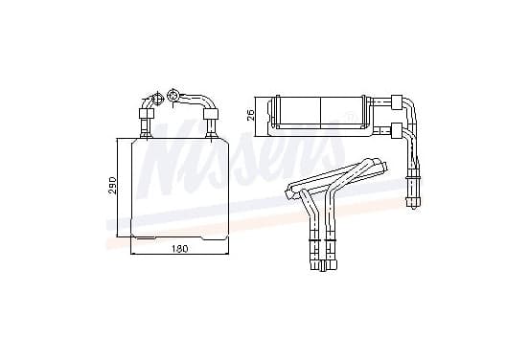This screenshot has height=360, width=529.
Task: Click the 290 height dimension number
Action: pyautogui.click(x=113, y=185)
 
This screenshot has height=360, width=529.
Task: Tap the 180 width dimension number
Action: pyautogui.click(x=179, y=249)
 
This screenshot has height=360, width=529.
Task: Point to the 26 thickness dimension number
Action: pyautogui.click(x=251, y=115)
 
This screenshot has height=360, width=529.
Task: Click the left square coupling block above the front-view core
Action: pyautogui.click(x=147, y=113)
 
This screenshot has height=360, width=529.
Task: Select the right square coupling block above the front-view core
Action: pyautogui.click(x=211, y=114)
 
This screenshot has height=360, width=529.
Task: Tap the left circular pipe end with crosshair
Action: pyautogui.click(x=158, y=98)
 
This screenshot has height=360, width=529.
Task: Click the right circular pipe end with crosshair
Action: pyautogui.click(x=173, y=95)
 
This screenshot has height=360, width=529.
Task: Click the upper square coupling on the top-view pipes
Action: pyautogui.click(x=397, y=102)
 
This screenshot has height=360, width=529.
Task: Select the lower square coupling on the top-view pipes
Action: pyautogui.click(x=397, y=131)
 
